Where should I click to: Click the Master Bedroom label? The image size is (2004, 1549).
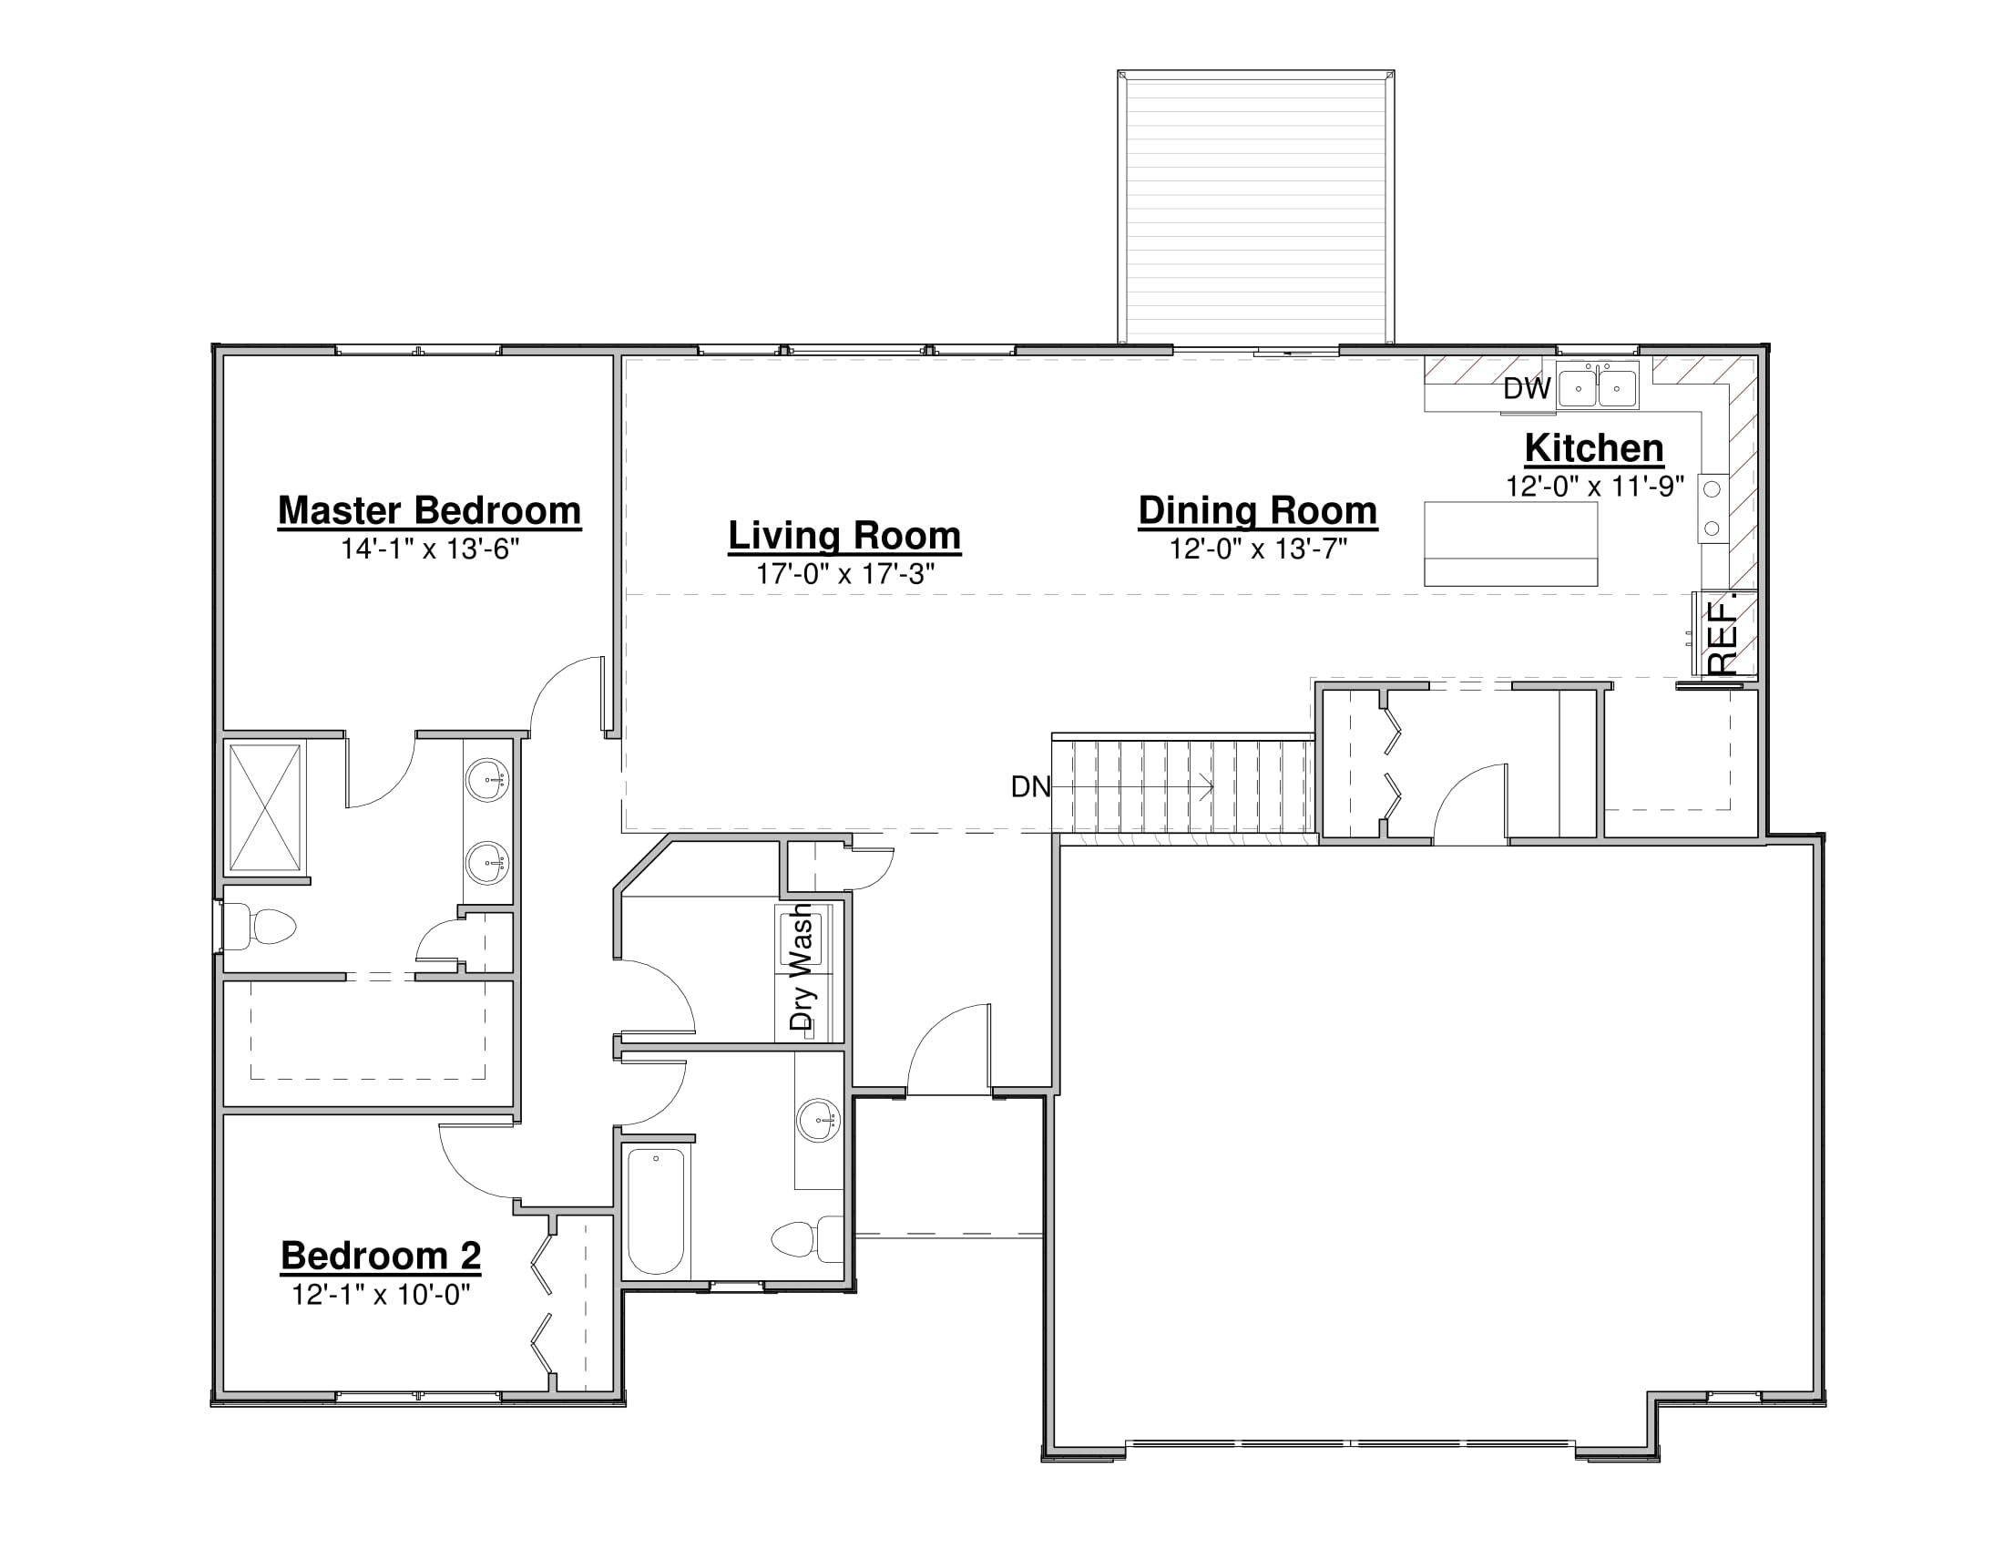pos(429,511)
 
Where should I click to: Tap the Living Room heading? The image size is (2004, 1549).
pos(844,536)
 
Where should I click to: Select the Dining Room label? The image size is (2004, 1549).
pos(1257,511)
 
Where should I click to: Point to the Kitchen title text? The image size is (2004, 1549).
pos(1594,448)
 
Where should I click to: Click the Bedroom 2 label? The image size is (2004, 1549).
pos(381,1257)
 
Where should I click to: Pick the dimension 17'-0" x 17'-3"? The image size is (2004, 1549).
pos(845,574)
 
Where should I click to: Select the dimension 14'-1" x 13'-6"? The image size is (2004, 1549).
pos(430,549)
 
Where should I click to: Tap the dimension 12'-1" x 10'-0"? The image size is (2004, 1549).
pos(381,1295)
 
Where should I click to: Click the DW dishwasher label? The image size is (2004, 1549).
pos(1527,389)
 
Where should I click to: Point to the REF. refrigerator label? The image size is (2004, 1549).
pos(1723,635)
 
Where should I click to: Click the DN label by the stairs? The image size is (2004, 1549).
pos(1030,786)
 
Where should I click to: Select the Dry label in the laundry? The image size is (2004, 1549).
pos(801,1008)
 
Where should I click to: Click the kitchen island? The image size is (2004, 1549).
pos(1510,544)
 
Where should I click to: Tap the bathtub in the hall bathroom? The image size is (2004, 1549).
pos(656,1211)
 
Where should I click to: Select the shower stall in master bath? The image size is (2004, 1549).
pos(265,807)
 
